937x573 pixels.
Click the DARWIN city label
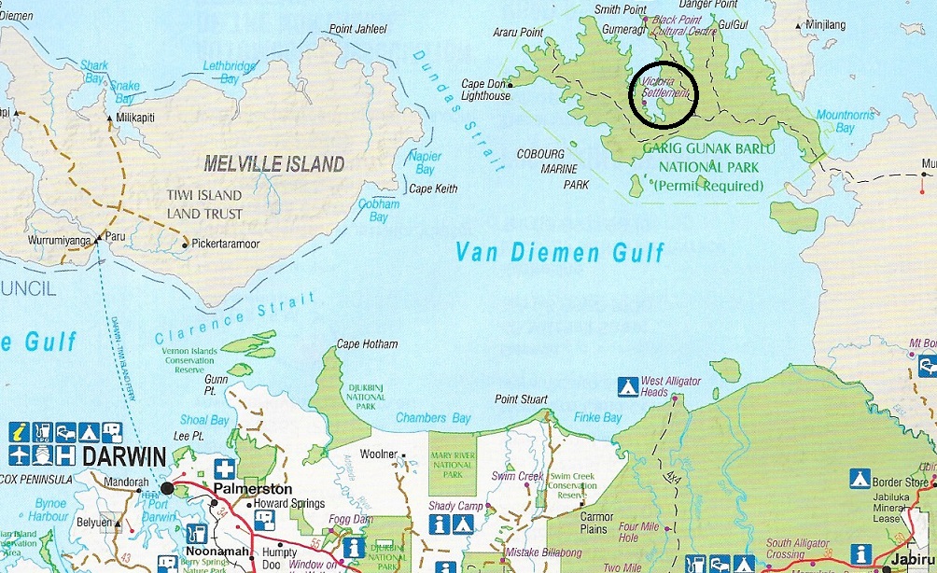[125, 456]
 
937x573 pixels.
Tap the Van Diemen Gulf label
[560, 251]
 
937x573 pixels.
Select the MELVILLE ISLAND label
[273, 164]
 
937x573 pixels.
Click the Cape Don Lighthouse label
[486, 90]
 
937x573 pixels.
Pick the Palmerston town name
[252, 488]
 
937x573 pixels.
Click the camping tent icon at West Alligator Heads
[627, 384]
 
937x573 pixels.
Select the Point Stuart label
[521, 399]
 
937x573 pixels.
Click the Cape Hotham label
[367, 344]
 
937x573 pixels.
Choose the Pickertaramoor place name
[225, 245]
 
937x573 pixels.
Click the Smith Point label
[620, 9]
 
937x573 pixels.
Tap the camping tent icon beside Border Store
[860, 480]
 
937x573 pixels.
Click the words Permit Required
[708, 186]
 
